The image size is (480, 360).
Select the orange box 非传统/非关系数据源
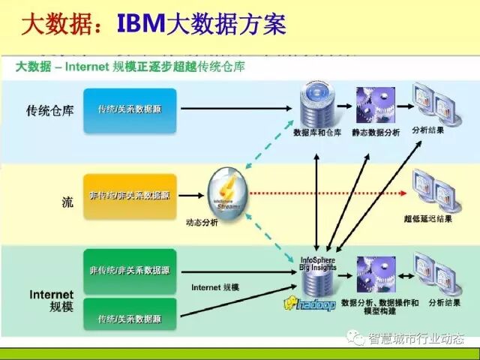pos(130,196)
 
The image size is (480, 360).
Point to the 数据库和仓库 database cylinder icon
pos(315,104)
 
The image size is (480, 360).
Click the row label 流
pos(67,201)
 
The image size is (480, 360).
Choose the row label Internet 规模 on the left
pos(51,300)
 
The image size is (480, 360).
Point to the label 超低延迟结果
pos(427,218)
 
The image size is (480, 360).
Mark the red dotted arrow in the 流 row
pos(330,193)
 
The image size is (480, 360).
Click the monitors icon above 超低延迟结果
pos(434,190)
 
